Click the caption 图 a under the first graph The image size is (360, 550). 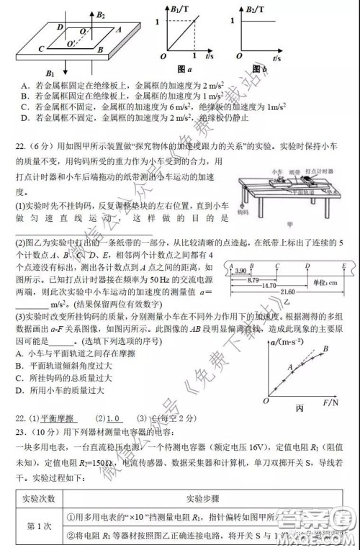click(183, 69)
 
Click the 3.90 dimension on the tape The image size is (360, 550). click(242, 268)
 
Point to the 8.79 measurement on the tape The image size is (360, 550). click(248, 278)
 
